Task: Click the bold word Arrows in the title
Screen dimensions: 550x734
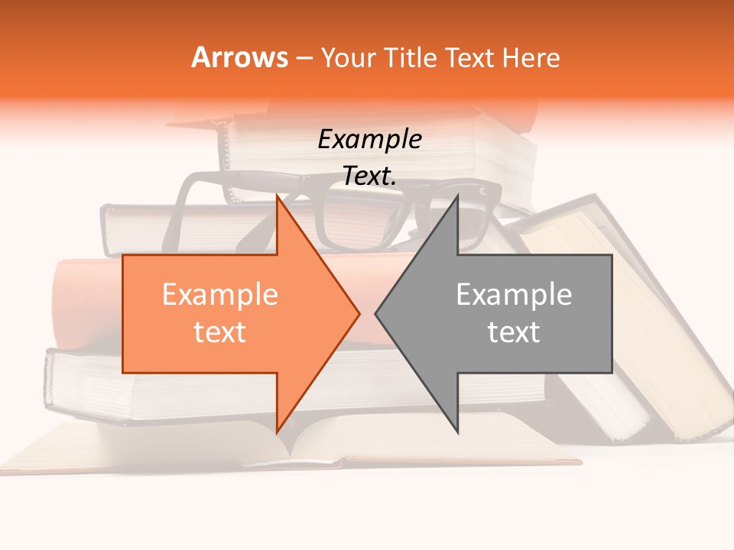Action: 239,57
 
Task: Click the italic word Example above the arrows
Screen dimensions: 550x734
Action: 369,140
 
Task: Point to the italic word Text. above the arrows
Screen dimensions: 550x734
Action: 369,176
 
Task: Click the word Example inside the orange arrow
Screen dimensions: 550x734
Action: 219,295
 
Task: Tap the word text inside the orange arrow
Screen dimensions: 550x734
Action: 219,332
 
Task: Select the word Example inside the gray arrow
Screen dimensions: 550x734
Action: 514,295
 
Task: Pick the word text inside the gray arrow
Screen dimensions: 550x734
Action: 514,332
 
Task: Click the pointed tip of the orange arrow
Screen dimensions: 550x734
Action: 359,313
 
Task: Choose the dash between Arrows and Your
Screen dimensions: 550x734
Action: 303,58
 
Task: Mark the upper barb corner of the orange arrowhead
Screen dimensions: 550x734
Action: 277,196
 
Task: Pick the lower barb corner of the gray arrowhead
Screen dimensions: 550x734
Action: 457,432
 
